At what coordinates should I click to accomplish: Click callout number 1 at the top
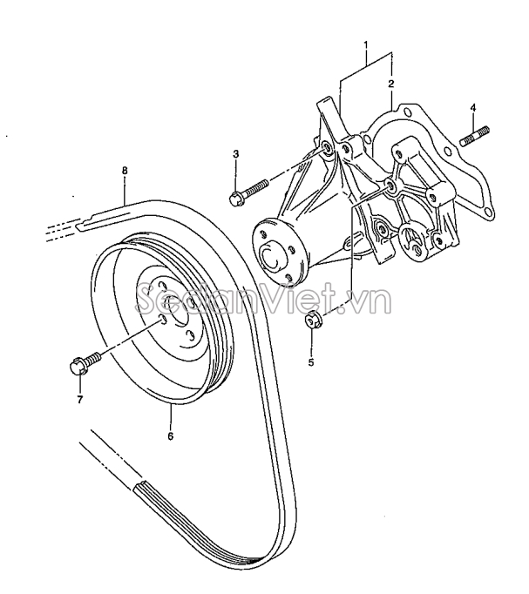coord(366,45)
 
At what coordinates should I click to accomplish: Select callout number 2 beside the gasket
coord(391,84)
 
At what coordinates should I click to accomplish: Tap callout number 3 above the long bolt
coord(235,154)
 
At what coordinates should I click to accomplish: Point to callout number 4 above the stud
coord(473,108)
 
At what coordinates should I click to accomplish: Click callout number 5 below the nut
coord(311,362)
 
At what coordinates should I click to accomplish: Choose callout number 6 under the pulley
coord(171,436)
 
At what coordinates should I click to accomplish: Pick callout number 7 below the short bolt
coord(80,399)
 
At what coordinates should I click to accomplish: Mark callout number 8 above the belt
coord(125,171)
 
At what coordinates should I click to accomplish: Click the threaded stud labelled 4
coord(475,137)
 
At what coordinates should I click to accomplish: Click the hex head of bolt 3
coord(237,199)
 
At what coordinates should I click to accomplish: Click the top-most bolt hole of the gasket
coord(408,112)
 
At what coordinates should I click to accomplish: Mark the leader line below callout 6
coord(171,416)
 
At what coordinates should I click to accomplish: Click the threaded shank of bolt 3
coord(256,187)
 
